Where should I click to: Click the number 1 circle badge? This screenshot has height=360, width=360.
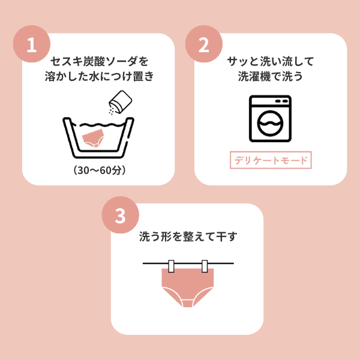[32, 44]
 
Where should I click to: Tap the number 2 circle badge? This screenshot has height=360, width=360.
[204, 44]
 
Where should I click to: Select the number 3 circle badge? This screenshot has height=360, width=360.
[121, 215]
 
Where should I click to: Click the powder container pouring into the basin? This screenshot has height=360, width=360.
[121, 101]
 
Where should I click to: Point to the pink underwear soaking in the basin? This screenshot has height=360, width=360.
[93, 137]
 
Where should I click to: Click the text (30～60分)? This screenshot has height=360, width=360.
[100, 170]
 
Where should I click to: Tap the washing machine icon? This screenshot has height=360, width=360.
[270, 118]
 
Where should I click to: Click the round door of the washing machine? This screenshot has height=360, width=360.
[270, 124]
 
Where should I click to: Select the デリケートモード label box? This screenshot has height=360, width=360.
[271, 160]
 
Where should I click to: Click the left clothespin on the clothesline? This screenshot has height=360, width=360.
[171, 266]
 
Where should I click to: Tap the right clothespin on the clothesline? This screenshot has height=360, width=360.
[205, 266]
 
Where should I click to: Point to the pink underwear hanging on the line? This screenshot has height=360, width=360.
[188, 287]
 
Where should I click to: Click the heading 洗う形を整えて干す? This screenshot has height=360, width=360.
[188, 236]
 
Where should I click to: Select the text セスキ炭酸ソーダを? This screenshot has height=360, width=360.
[99, 61]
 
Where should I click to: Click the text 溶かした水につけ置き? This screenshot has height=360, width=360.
[99, 76]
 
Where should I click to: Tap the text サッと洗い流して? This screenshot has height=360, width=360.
[271, 61]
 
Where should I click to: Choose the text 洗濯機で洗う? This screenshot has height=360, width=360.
[271, 76]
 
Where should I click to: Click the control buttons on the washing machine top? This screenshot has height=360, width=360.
[281, 101]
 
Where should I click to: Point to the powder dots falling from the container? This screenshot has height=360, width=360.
[112, 110]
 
